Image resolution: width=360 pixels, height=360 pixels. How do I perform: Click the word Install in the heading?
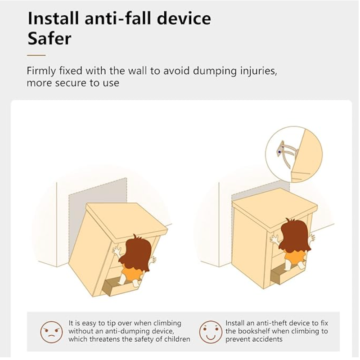[53, 18]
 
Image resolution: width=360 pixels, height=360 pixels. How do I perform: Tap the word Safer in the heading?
[49, 38]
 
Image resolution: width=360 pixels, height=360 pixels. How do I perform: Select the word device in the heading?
[184, 18]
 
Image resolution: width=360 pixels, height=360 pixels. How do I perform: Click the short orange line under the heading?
[36, 55]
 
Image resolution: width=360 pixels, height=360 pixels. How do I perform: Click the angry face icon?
[51, 332]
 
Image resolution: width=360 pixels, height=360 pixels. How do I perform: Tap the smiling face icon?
[211, 332]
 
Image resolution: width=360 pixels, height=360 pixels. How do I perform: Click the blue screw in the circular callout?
[279, 152]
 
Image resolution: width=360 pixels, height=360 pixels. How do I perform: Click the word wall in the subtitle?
[137, 71]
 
